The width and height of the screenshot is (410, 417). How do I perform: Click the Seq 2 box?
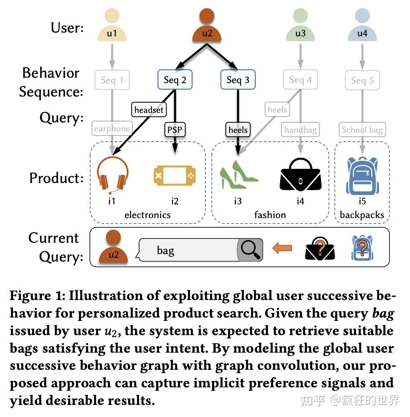coord(175,80)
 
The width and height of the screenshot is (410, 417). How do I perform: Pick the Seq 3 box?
coord(238,80)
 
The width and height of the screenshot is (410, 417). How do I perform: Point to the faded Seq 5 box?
coord(362,80)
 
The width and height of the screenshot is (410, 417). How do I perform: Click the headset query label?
coord(149,110)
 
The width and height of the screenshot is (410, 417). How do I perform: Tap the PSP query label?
coord(175,130)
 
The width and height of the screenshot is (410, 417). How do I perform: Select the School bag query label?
coord(362,130)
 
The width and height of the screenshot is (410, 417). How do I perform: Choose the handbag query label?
coord(300,130)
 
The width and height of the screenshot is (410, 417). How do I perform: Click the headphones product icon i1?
coord(112,175)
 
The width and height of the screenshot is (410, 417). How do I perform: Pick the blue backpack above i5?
coord(362,175)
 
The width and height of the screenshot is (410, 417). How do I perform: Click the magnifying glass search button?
coord(250,250)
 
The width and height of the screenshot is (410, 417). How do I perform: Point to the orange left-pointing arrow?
coord(282,249)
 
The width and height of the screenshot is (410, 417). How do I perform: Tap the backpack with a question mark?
coord(362,248)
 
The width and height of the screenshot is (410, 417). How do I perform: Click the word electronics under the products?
coord(147,215)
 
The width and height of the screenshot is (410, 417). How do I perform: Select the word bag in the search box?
coord(165,250)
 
